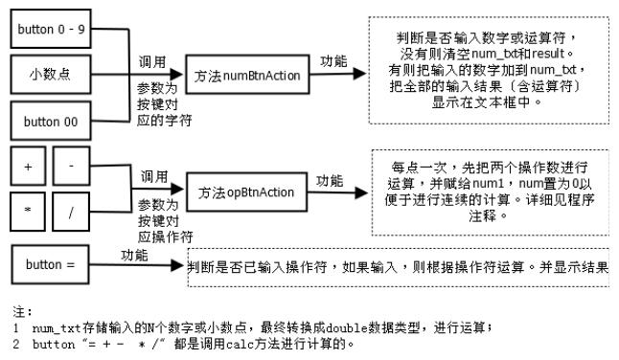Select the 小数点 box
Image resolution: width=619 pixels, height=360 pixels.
[x=51, y=74]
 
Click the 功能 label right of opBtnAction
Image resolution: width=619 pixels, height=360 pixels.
[x=330, y=180]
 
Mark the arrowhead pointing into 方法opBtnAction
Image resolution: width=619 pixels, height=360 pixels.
[x=179, y=193]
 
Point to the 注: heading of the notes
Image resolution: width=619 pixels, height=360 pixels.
[x=15, y=311]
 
